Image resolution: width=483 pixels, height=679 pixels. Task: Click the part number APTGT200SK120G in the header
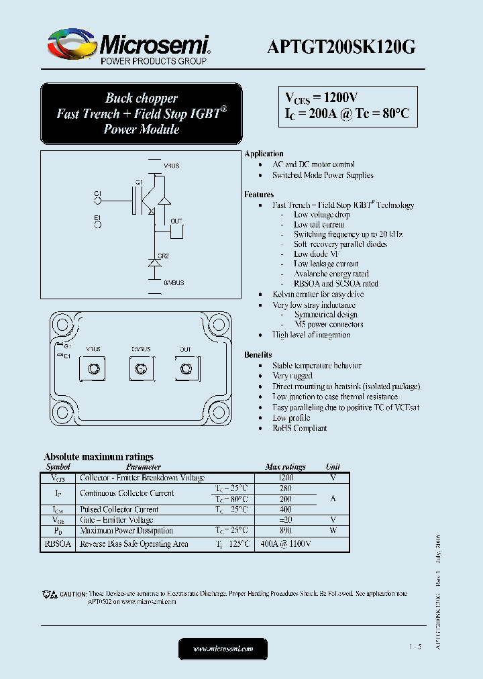(x=341, y=46)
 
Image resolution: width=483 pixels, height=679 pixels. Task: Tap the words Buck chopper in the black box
(x=141, y=99)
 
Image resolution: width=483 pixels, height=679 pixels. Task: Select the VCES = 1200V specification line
(x=322, y=98)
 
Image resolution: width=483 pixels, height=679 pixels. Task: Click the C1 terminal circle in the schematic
(x=98, y=199)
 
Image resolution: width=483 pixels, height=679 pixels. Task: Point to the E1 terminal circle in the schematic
(x=98, y=225)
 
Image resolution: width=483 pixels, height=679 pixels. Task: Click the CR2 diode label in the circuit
(x=163, y=256)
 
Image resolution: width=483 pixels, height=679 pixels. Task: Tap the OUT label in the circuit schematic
(x=176, y=221)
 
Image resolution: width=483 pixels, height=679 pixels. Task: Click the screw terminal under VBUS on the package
(x=93, y=368)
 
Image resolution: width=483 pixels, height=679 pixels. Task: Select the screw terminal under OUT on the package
(x=186, y=368)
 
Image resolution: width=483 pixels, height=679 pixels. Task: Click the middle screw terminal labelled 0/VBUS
(x=141, y=368)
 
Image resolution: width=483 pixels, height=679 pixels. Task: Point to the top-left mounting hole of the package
(x=63, y=325)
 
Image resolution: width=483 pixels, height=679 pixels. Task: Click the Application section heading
(x=264, y=154)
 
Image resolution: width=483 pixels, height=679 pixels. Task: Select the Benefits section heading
(x=258, y=354)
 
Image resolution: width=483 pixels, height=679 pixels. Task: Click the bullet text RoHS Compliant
(x=299, y=428)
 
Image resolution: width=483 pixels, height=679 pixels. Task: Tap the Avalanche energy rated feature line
(x=331, y=274)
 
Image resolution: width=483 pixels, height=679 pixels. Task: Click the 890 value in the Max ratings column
(x=286, y=530)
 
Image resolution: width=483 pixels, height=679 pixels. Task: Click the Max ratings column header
(x=285, y=466)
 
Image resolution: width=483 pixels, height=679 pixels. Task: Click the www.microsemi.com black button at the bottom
(x=223, y=649)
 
